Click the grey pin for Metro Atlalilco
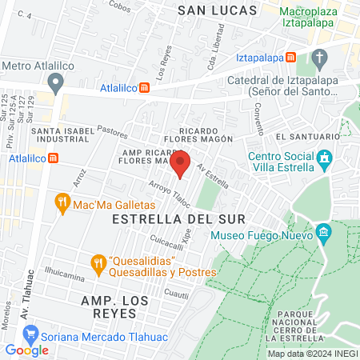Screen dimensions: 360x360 point(55,82)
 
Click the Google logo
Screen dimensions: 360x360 point(26,350)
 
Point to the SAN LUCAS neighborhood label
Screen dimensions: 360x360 point(218,10)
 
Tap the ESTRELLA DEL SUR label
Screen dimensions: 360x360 point(166,218)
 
